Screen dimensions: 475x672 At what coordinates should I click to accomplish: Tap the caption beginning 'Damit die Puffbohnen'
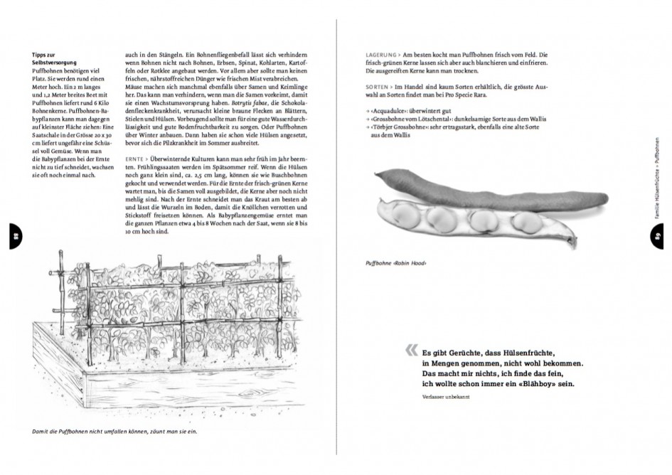click(x=114, y=431)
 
